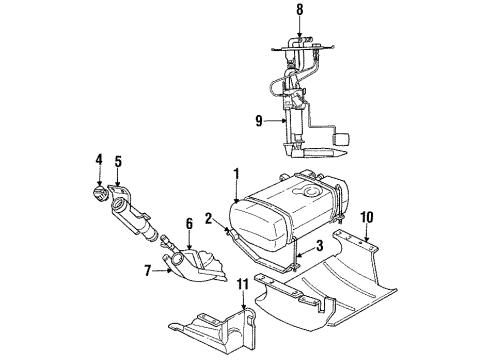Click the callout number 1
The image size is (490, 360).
[236, 172]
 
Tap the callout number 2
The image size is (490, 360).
[208, 217]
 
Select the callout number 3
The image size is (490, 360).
[317, 243]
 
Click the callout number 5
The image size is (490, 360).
[118, 161]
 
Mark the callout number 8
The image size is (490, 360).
[299, 11]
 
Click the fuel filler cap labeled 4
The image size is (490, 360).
[100, 193]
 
